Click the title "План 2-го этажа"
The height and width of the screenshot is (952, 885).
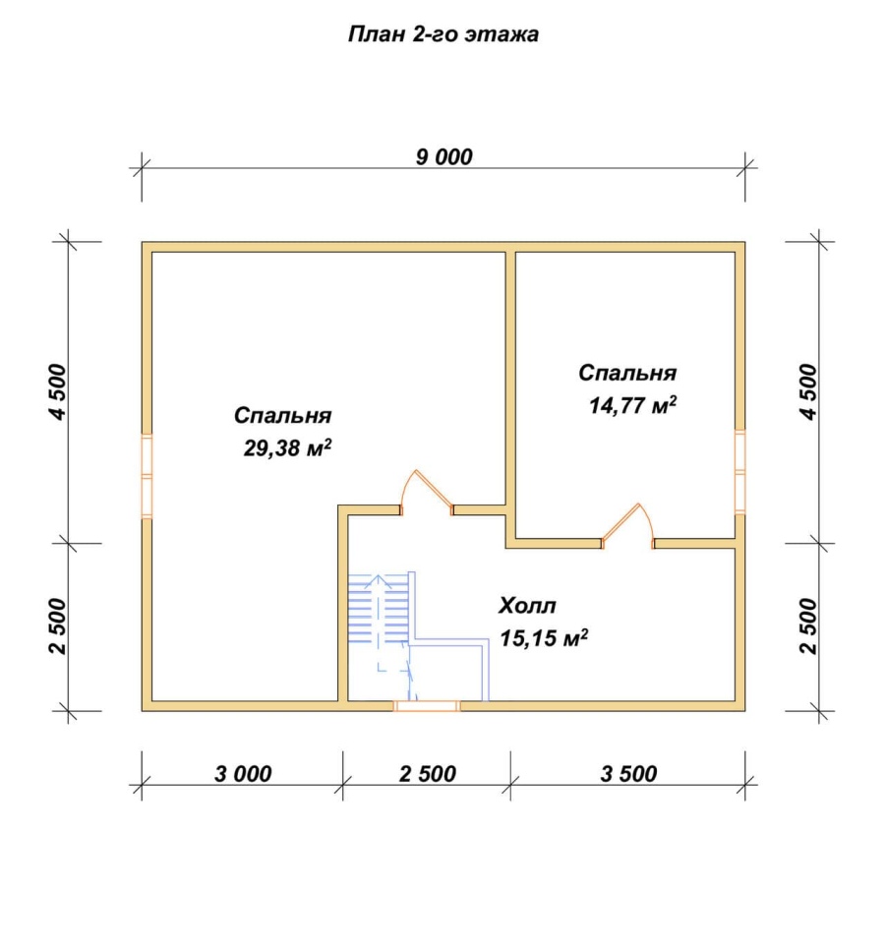coord(443,34)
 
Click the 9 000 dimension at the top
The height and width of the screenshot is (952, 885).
coord(443,156)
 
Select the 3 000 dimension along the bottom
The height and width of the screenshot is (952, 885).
coord(243,773)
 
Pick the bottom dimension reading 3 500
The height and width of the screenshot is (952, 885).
coord(628,773)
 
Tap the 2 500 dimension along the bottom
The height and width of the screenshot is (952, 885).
coord(428,773)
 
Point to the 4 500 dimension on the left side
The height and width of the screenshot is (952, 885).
coord(58,392)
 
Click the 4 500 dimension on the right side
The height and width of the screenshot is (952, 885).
coord(809,392)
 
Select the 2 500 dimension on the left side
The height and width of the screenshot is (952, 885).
coord(58,625)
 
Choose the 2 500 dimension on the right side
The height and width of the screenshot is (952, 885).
coord(809,625)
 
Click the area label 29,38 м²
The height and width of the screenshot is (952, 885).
coord(288,448)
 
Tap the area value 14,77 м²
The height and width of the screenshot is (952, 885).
coord(632,405)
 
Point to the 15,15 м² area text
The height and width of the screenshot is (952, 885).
coord(544,638)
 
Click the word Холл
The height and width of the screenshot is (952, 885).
coord(527,605)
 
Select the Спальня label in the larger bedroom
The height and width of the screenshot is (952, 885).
coord(283,415)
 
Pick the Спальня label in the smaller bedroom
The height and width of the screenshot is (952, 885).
coord(627,372)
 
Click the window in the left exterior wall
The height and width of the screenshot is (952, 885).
coord(147,476)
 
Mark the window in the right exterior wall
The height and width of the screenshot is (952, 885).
coord(739,472)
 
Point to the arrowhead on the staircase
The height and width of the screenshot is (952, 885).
coord(378,581)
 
